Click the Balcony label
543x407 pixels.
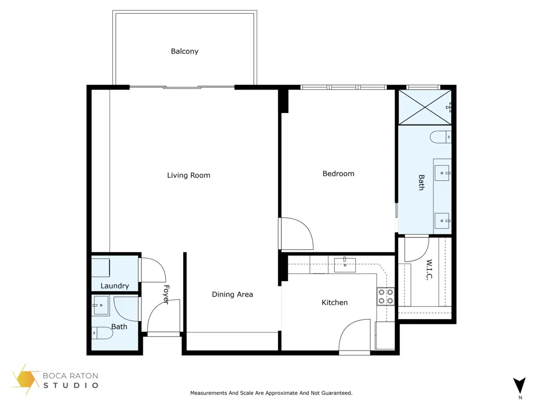tap(185, 52)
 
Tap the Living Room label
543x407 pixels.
tap(189, 175)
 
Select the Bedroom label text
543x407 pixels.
tap(338, 174)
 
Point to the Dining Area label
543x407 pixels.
tap(232, 294)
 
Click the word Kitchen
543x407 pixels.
tap(334, 303)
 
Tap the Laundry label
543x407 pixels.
tap(114, 286)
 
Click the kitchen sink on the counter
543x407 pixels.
tap(345, 263)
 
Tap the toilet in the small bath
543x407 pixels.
tap(102, 334)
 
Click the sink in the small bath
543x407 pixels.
tap(100, 305)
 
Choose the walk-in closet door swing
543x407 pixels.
tap(416, 249)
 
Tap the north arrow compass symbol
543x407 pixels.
tap(520, 385)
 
